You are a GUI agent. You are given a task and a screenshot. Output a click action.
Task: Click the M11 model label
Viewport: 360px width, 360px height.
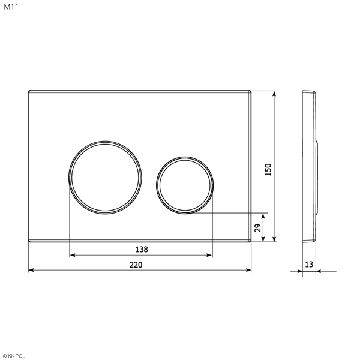pyautogui.click(x=11, y=7)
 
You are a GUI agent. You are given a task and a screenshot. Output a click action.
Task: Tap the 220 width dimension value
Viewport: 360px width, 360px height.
pyautogui.click(x=136, y=265)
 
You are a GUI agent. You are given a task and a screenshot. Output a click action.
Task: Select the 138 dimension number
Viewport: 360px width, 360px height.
pyautogui.click(x=142, y=250)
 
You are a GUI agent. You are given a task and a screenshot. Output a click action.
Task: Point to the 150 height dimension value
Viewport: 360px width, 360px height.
pyautogui.click(x=268, y=170)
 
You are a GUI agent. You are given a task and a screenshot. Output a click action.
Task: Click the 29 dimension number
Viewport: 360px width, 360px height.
pyautogui.click(x=258, y=228)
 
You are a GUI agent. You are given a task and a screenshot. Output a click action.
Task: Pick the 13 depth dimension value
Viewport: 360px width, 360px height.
pyautogui.click(x=309, y=265)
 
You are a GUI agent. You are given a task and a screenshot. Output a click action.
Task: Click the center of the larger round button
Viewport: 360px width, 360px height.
pyautogui.click(x=105, y=178)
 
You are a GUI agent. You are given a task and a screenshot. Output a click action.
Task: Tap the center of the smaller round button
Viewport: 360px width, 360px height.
pyautogui.click(x=185, y=185)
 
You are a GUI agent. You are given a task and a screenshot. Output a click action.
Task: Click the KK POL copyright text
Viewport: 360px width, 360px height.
pyautogui.click(x=14, y=356)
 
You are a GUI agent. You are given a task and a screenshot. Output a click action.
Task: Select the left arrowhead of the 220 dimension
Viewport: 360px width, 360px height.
pyautogui.click(x=31, y=270)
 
